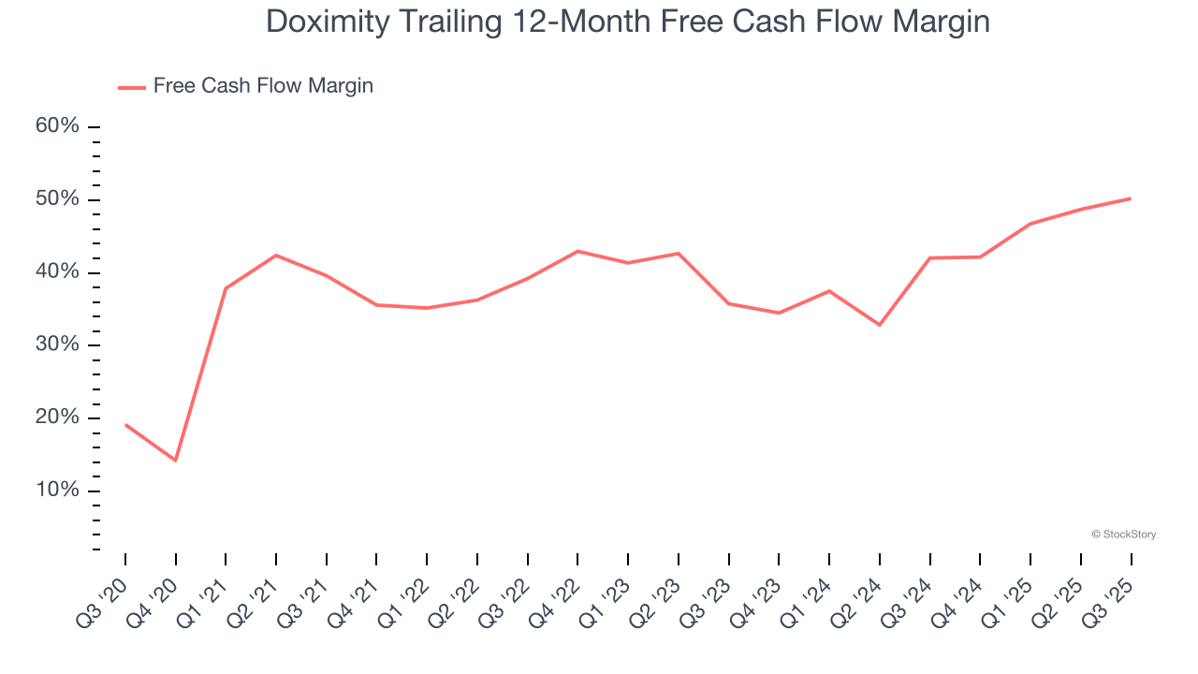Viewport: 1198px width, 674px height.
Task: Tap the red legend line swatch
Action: tap(131, 87)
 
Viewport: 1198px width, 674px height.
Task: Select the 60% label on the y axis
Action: tap(57, 126)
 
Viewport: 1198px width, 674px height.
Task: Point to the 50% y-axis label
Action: tap(57, 199)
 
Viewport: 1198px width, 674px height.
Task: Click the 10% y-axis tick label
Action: tap(57, 491)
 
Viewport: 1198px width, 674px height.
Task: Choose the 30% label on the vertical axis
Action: tap(57, 344)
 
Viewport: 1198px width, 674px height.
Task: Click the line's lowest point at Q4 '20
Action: tap(175, 461)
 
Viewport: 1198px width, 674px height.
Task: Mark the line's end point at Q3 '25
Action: tap(1131, 198)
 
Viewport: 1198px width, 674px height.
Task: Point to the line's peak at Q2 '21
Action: tap(276, 255)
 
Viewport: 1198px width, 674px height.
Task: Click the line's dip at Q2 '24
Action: tap(880, 325)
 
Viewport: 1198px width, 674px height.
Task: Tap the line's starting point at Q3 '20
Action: tap(125, 425)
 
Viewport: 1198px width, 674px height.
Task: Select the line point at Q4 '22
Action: tap(577, 251)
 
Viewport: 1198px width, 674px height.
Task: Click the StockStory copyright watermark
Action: tap(1123, 535)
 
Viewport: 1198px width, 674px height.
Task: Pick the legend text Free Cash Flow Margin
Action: tap(263, 86)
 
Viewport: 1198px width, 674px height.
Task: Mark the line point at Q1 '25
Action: tap(1030, 224)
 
